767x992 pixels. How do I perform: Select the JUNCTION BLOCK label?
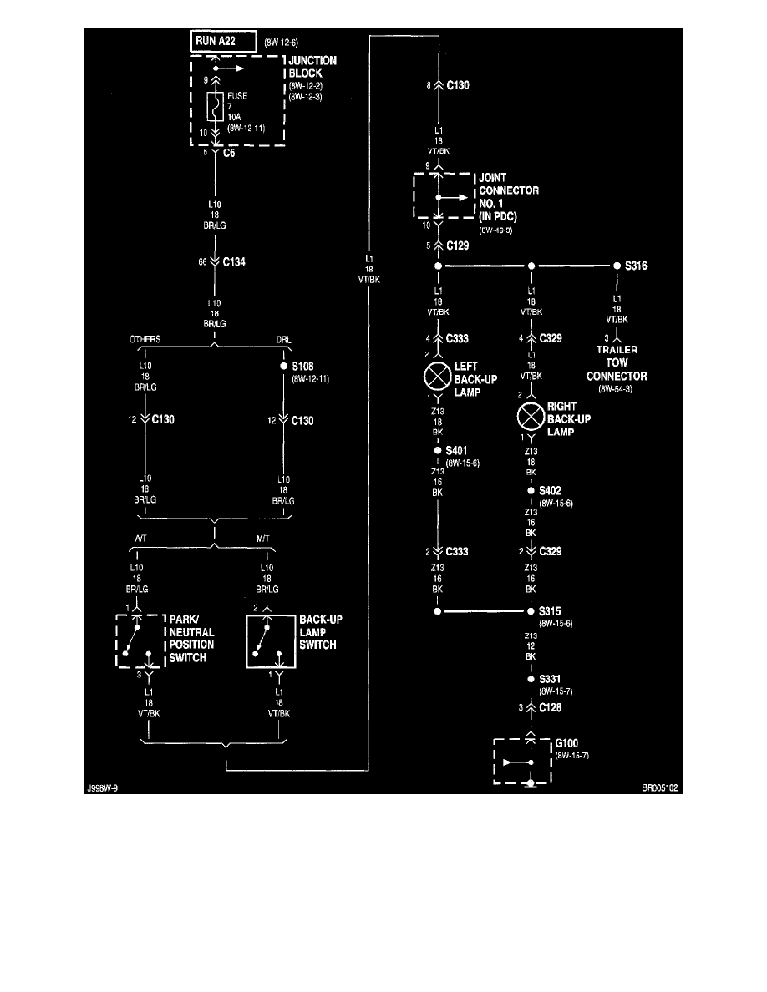pyautogui.click(x=313, y=67)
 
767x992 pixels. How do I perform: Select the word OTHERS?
pyautogui.click(x=145, y=340)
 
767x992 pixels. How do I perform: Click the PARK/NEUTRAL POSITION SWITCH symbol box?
pyautogui.click(x=137, y=640)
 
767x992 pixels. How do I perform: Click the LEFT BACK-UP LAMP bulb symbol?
pyautogui.click(x=438, y=377)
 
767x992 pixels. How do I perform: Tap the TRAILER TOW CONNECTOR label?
pyautogui.click(x=617, y=363)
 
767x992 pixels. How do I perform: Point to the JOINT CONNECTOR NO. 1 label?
pyautogui.click(x=507, y=195)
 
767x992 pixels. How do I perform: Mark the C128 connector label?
pyautogui.click(x=551, y=707)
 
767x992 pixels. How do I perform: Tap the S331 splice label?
pyautogui.click(x=551, y=680)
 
